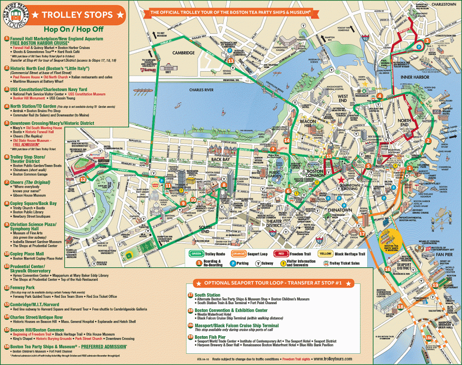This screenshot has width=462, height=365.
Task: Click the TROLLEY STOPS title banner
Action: click(x=76, y=15)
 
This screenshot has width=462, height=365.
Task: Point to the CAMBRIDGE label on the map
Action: click(x=184, y=53)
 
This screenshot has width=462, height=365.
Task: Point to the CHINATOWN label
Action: click(x=340, y=210)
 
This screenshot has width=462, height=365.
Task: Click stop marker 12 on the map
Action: click(x=83, y=179)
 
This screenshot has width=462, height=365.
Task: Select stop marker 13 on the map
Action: click(x=231, y=61)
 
